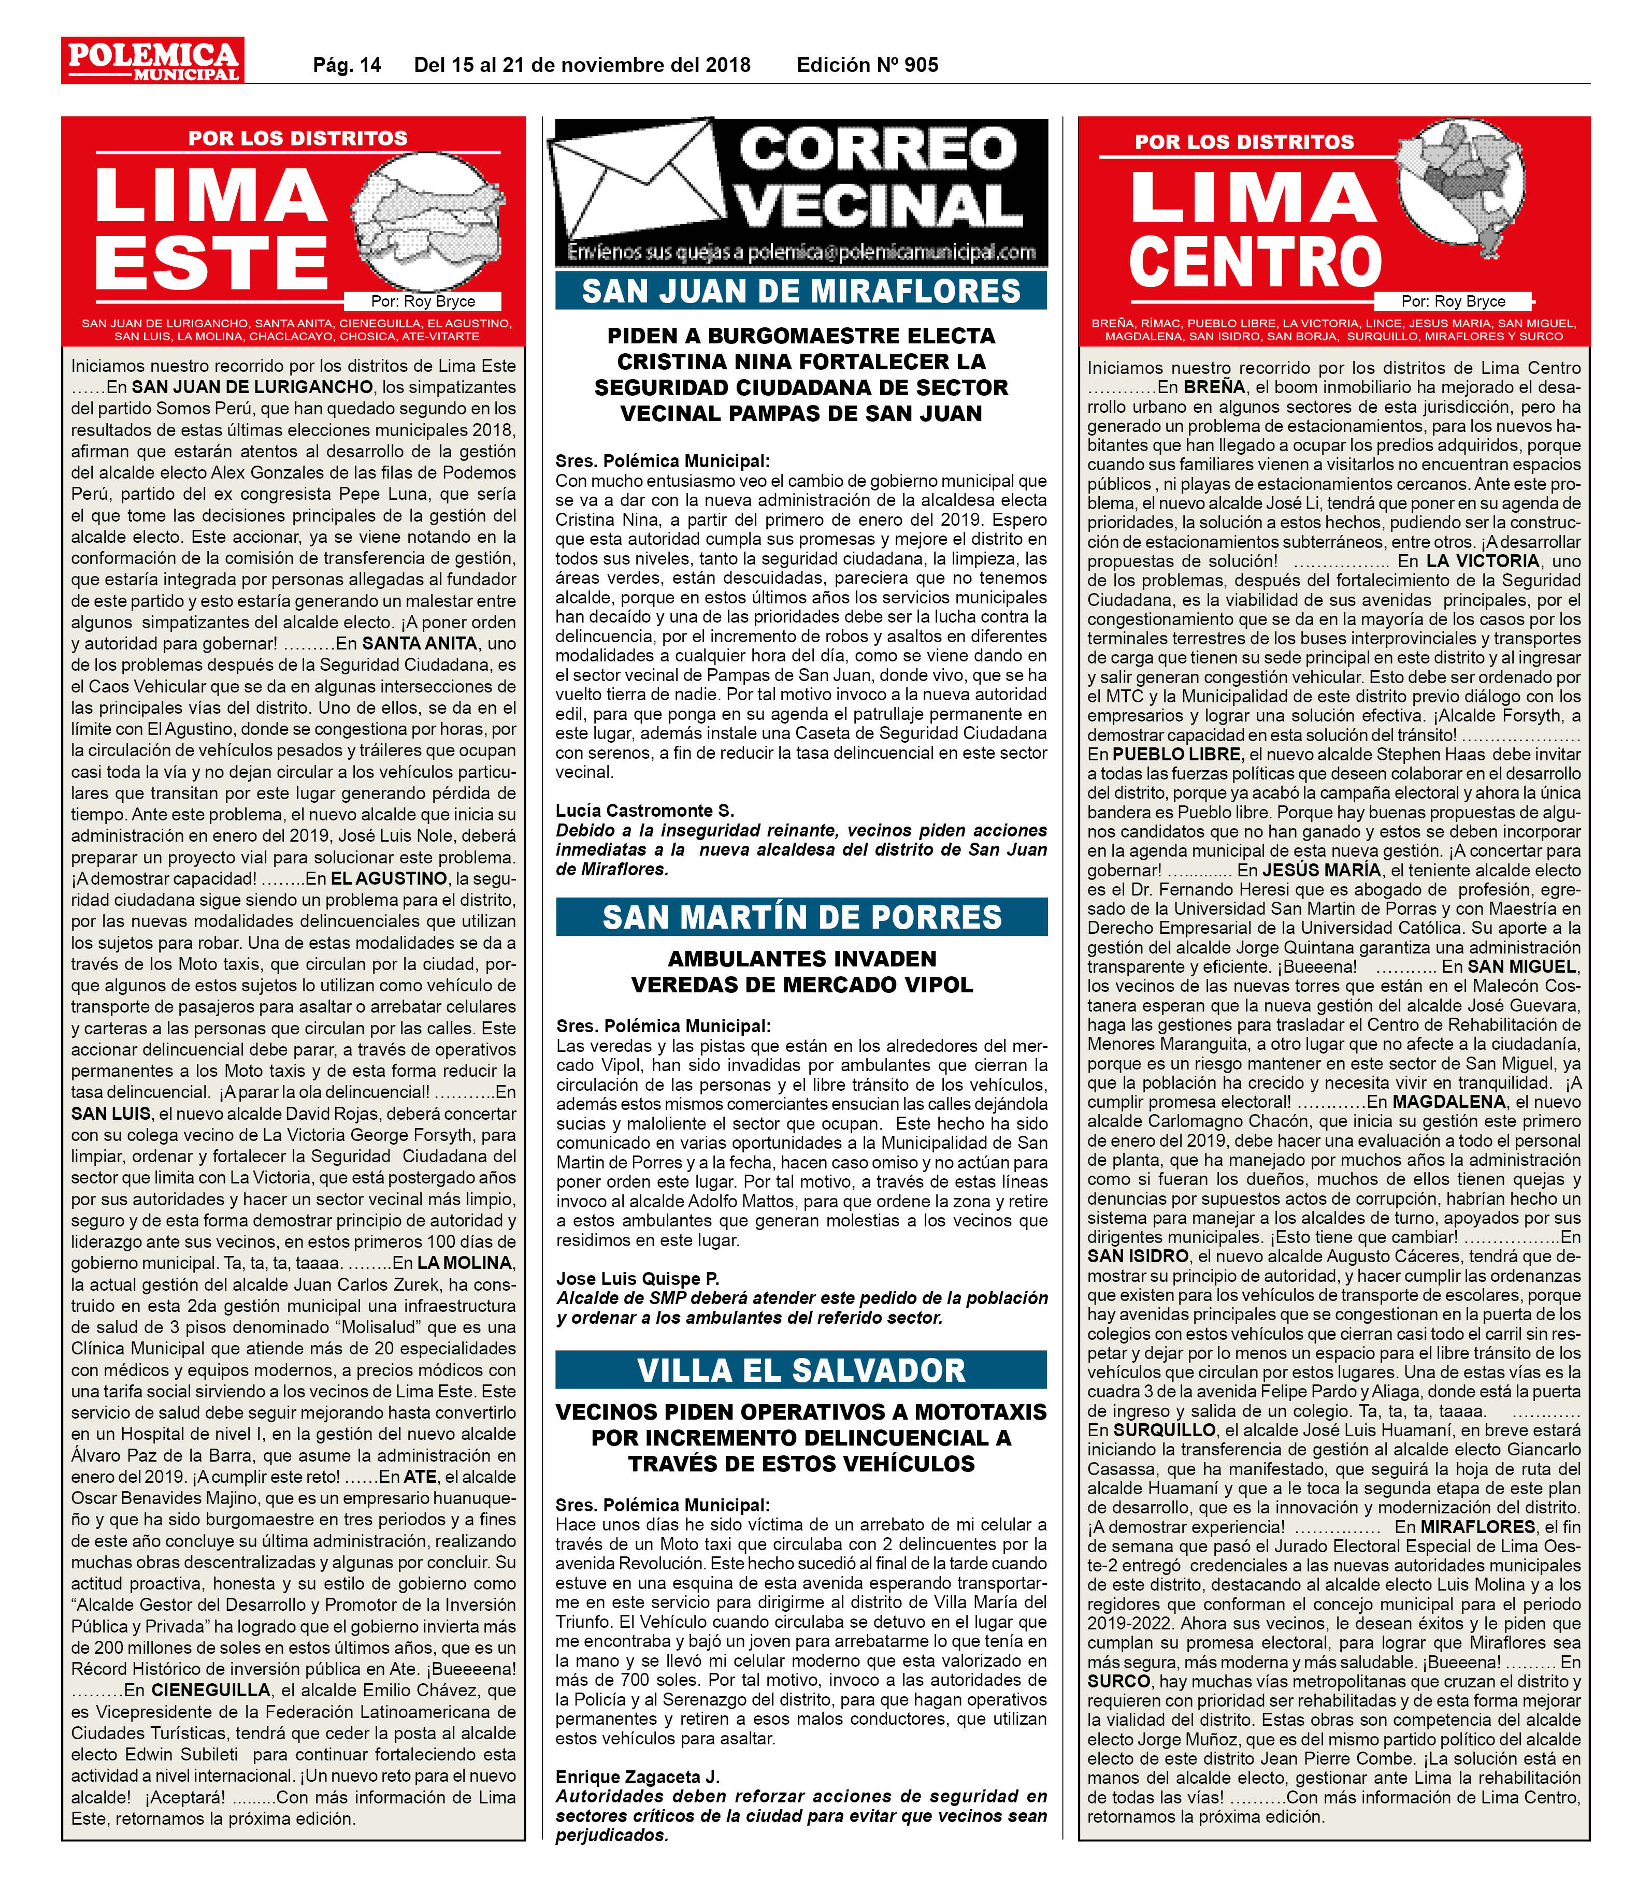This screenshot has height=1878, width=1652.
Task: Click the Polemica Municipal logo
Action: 152,61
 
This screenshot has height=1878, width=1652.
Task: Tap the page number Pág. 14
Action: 347,65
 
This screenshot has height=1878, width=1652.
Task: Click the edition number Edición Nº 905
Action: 867,65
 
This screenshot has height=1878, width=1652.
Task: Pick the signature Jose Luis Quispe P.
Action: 637,1279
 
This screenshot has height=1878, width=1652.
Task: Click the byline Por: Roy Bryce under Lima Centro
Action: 1453,301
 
